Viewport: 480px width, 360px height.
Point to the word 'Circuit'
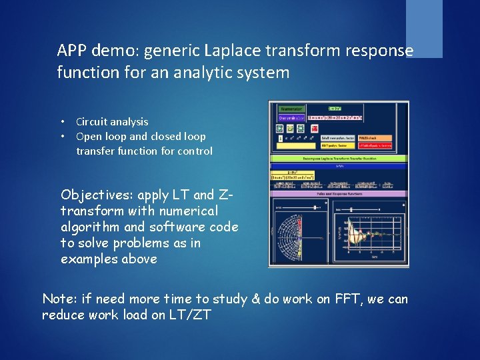pos(93,122)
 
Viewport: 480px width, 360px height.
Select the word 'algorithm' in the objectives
pos(91,227)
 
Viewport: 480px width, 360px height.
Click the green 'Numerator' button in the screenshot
pos(291,109)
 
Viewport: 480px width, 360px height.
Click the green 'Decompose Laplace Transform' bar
pos(338,159)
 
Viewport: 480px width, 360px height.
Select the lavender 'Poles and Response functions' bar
pos(338,193)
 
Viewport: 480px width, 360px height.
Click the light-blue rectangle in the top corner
pos(424,29)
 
